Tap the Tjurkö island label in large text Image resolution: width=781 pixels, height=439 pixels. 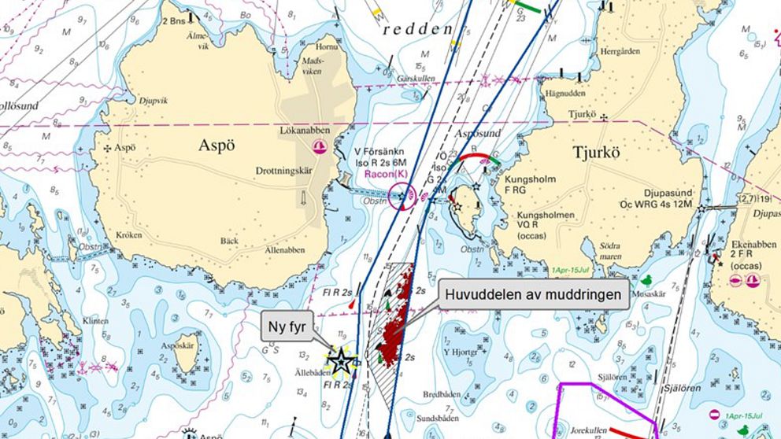pyautogui.click(x=607, y=152)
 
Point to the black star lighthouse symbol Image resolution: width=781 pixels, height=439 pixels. pyautogui.click(x=341, y=363)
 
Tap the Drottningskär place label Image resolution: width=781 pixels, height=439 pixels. pyautogui.click(x=287, y=171)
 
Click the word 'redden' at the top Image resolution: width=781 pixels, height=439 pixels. pyautogui.click(x=417, y=30)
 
